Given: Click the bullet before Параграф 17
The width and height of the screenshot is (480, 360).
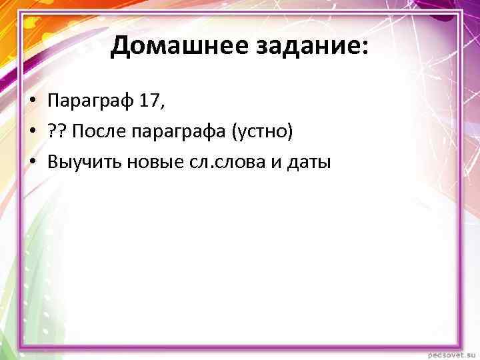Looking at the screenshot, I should pos(31,101).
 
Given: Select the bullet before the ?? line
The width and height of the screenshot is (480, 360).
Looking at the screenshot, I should pos(31,131).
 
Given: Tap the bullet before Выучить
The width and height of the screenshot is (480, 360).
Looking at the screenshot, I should pos(31,161).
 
